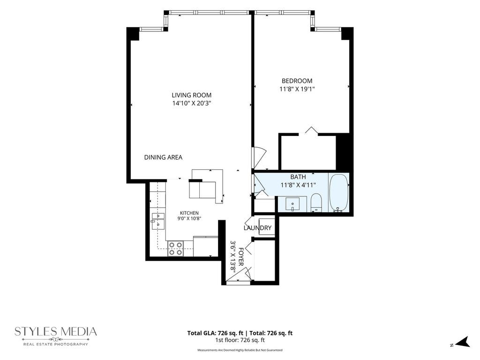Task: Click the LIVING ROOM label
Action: [191, 95]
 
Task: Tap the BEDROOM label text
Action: [297, 81]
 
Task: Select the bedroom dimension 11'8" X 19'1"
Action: [297, 89]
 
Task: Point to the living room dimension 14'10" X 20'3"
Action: [192, 104]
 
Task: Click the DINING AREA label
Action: [163, 157]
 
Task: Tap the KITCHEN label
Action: [189, 213]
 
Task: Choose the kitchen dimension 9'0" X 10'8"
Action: [189, 218]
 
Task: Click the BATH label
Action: [298, 177]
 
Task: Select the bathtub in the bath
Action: [339, 193]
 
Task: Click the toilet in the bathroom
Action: [316, 202]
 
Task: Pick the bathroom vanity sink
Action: [292, 204]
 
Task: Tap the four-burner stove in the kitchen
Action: [175, 248]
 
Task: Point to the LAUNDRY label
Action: [257, 228]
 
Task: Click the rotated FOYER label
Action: [241, 256]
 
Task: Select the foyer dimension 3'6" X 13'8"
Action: [233, 256]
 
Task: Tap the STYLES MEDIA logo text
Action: [56, 331]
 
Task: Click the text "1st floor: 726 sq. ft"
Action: [240, 340]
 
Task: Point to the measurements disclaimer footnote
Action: [240, 350]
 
